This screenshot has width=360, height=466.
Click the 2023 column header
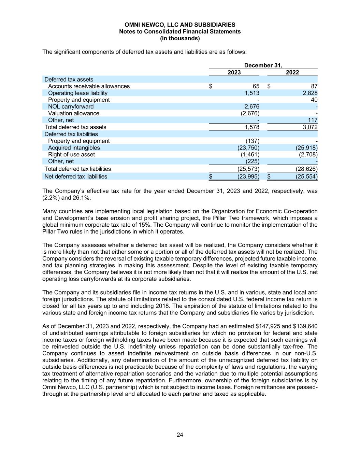click(234, 72)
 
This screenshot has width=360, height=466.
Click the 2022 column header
click(292, 72)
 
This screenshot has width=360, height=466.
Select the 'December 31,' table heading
click(263, 66)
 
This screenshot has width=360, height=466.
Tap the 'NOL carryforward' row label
click(71, 107)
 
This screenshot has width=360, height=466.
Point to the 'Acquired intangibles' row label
click(74, 148)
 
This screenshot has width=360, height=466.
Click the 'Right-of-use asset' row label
click(71, 155)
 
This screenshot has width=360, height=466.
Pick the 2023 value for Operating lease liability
click(252, 93)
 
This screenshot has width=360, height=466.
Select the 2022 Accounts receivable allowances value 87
click(314, 86)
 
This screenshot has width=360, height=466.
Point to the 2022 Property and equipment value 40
click(314, 100)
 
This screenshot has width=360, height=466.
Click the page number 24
click(180, 435)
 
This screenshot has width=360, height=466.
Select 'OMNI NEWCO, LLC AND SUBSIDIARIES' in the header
click(180, 25)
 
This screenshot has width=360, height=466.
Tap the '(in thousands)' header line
click(180, 39)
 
